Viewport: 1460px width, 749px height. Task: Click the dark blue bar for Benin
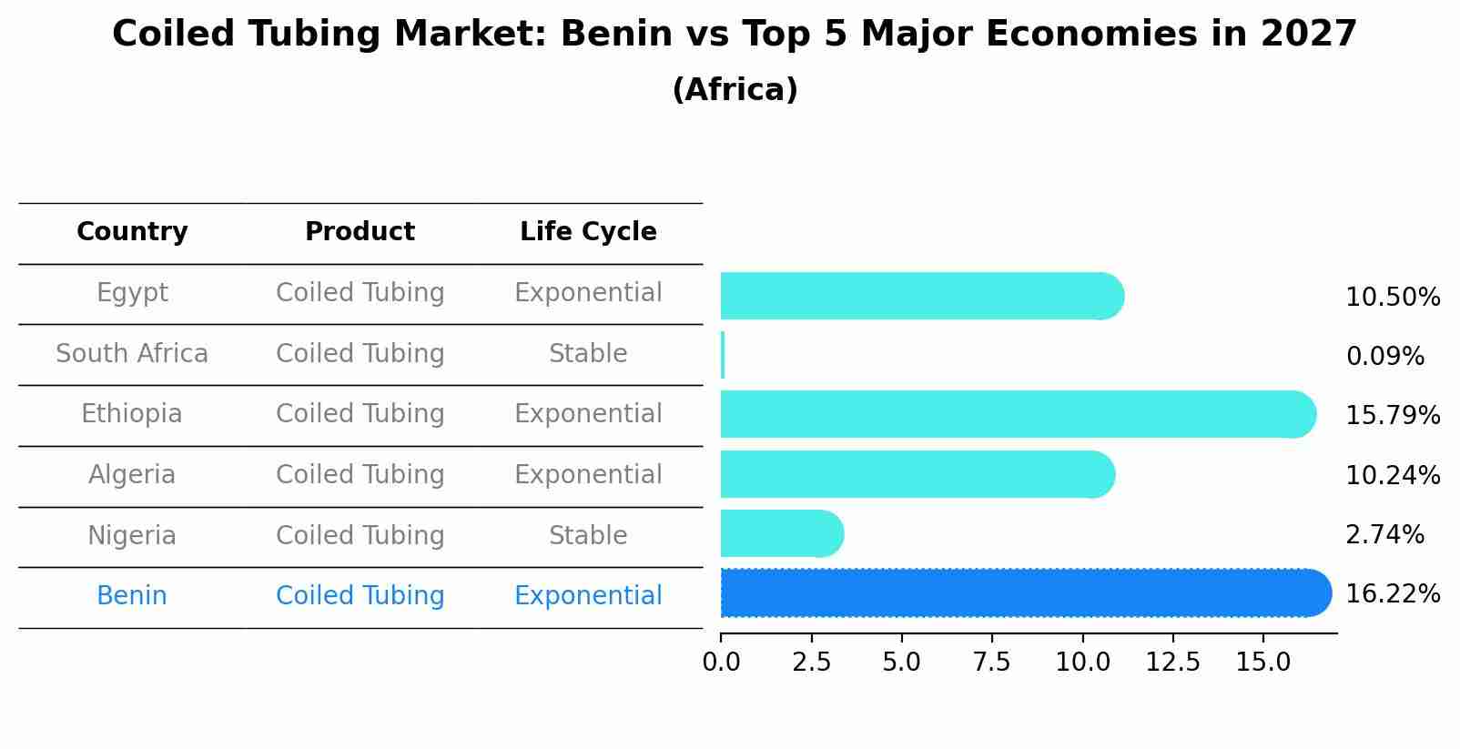(x=1024, y=593)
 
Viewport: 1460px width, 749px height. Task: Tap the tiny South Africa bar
(x=723, y=355)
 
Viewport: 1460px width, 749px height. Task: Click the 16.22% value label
(x=1392, y=594)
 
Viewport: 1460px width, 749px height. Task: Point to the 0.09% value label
(x=1384, y=357)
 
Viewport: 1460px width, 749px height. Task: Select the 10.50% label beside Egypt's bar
(x=1392, y=298)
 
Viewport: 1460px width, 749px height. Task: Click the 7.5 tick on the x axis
(x=991, y=663)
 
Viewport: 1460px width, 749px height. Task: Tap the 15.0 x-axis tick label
(x=1262, y=663)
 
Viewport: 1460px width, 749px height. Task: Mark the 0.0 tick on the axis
(x=721, y=663)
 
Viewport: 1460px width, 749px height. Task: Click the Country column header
(x=132, y=232)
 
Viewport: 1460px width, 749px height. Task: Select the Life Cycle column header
(x=588, y=232)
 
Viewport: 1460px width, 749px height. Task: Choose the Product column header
(x=360, y=232)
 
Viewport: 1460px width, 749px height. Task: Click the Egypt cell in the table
(x=132, y=293)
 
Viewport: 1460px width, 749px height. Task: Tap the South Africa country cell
(x=132, y=354)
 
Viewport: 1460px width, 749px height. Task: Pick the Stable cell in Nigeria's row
(x=588, y=536)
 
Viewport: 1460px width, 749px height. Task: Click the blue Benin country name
(x=132, y=596)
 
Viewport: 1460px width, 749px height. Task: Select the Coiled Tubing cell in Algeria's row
(x=360, y=475)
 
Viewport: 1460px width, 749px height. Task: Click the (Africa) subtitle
(x=735, y=90)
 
